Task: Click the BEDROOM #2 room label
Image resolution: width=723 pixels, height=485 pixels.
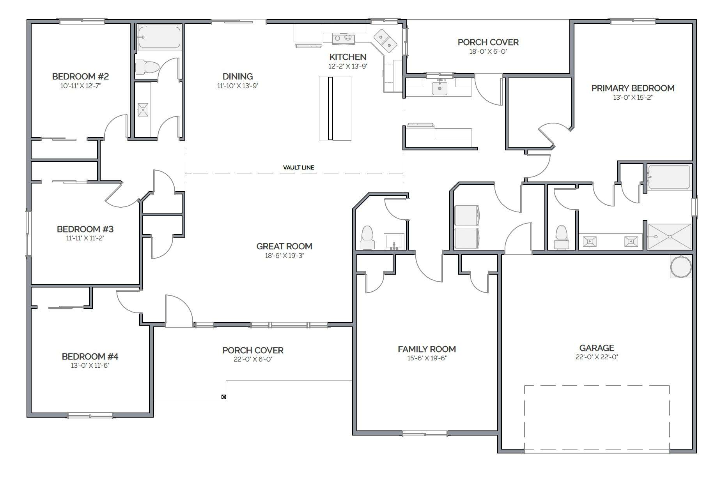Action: tap(80, 76)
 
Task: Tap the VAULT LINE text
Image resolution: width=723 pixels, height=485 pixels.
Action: tap(299, 168)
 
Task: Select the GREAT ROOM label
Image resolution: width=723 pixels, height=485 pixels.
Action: tap(284, 246)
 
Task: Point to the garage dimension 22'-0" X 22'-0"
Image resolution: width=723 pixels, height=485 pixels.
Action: tap(597, 357)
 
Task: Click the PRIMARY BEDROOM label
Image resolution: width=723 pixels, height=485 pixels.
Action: tap(633, 88)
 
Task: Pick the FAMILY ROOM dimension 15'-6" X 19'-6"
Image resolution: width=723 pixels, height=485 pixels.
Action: tap(427, 358)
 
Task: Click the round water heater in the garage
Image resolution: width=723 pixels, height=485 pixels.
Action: tap(681, 267)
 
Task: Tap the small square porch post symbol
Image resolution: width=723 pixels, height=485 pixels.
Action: tap(223, 397)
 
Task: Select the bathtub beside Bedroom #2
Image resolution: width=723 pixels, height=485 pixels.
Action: tap(159, 38)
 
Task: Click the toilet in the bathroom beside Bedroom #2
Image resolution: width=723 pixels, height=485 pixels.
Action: tap(147, 67)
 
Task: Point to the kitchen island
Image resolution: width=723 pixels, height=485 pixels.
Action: tap(335, 108)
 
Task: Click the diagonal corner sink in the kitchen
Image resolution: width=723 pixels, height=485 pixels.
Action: tap(385, 41)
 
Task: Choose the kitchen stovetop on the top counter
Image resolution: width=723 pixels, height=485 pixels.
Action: tap(343, 38)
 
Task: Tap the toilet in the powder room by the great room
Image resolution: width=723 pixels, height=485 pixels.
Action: tap(367, 237)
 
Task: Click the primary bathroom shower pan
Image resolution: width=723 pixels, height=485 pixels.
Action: tap(669, 236)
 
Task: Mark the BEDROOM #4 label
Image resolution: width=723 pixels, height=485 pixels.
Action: tap(90, 356)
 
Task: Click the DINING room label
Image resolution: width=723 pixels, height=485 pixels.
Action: tap(237, 76)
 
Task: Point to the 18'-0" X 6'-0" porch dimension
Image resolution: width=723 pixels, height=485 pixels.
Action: tap(488, 51)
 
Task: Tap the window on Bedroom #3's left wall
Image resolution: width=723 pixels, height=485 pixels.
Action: tap(28, 233)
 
